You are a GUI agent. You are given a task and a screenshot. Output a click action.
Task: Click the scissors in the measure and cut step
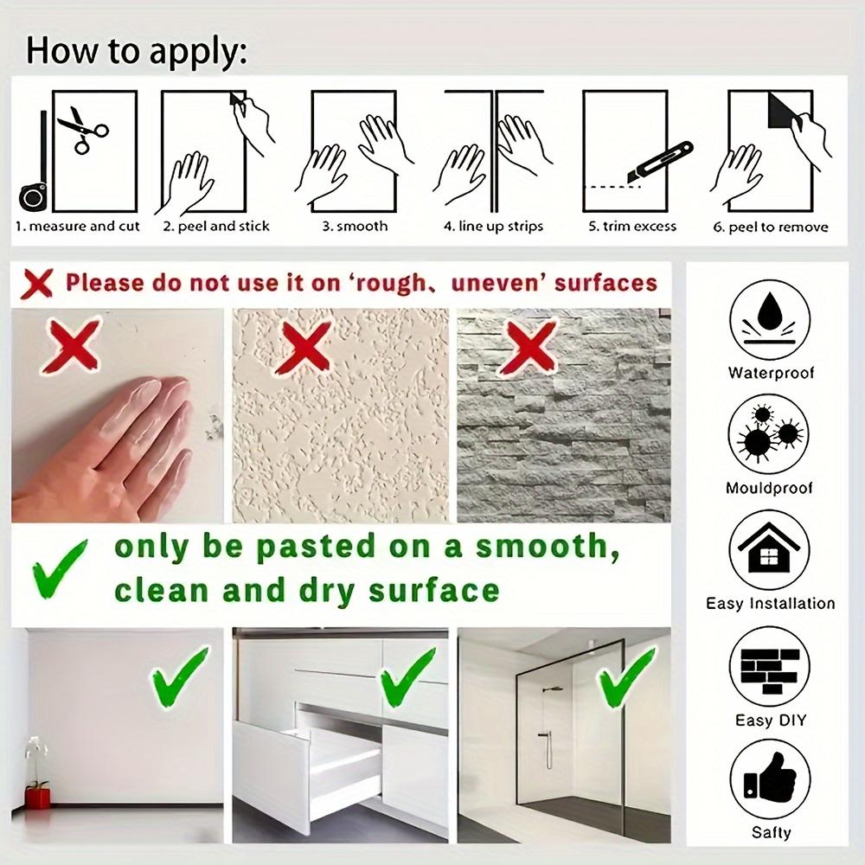coord(83,129)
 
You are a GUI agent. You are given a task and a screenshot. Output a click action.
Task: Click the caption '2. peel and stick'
coord(216,227)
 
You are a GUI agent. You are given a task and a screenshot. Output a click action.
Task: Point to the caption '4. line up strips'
coord(493,227)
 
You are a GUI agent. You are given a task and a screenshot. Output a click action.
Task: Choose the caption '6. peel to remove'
coord(771,227)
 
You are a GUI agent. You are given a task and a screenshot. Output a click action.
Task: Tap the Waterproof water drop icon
coord(770,319)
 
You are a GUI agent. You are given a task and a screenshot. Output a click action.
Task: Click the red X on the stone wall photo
coord(528,348)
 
